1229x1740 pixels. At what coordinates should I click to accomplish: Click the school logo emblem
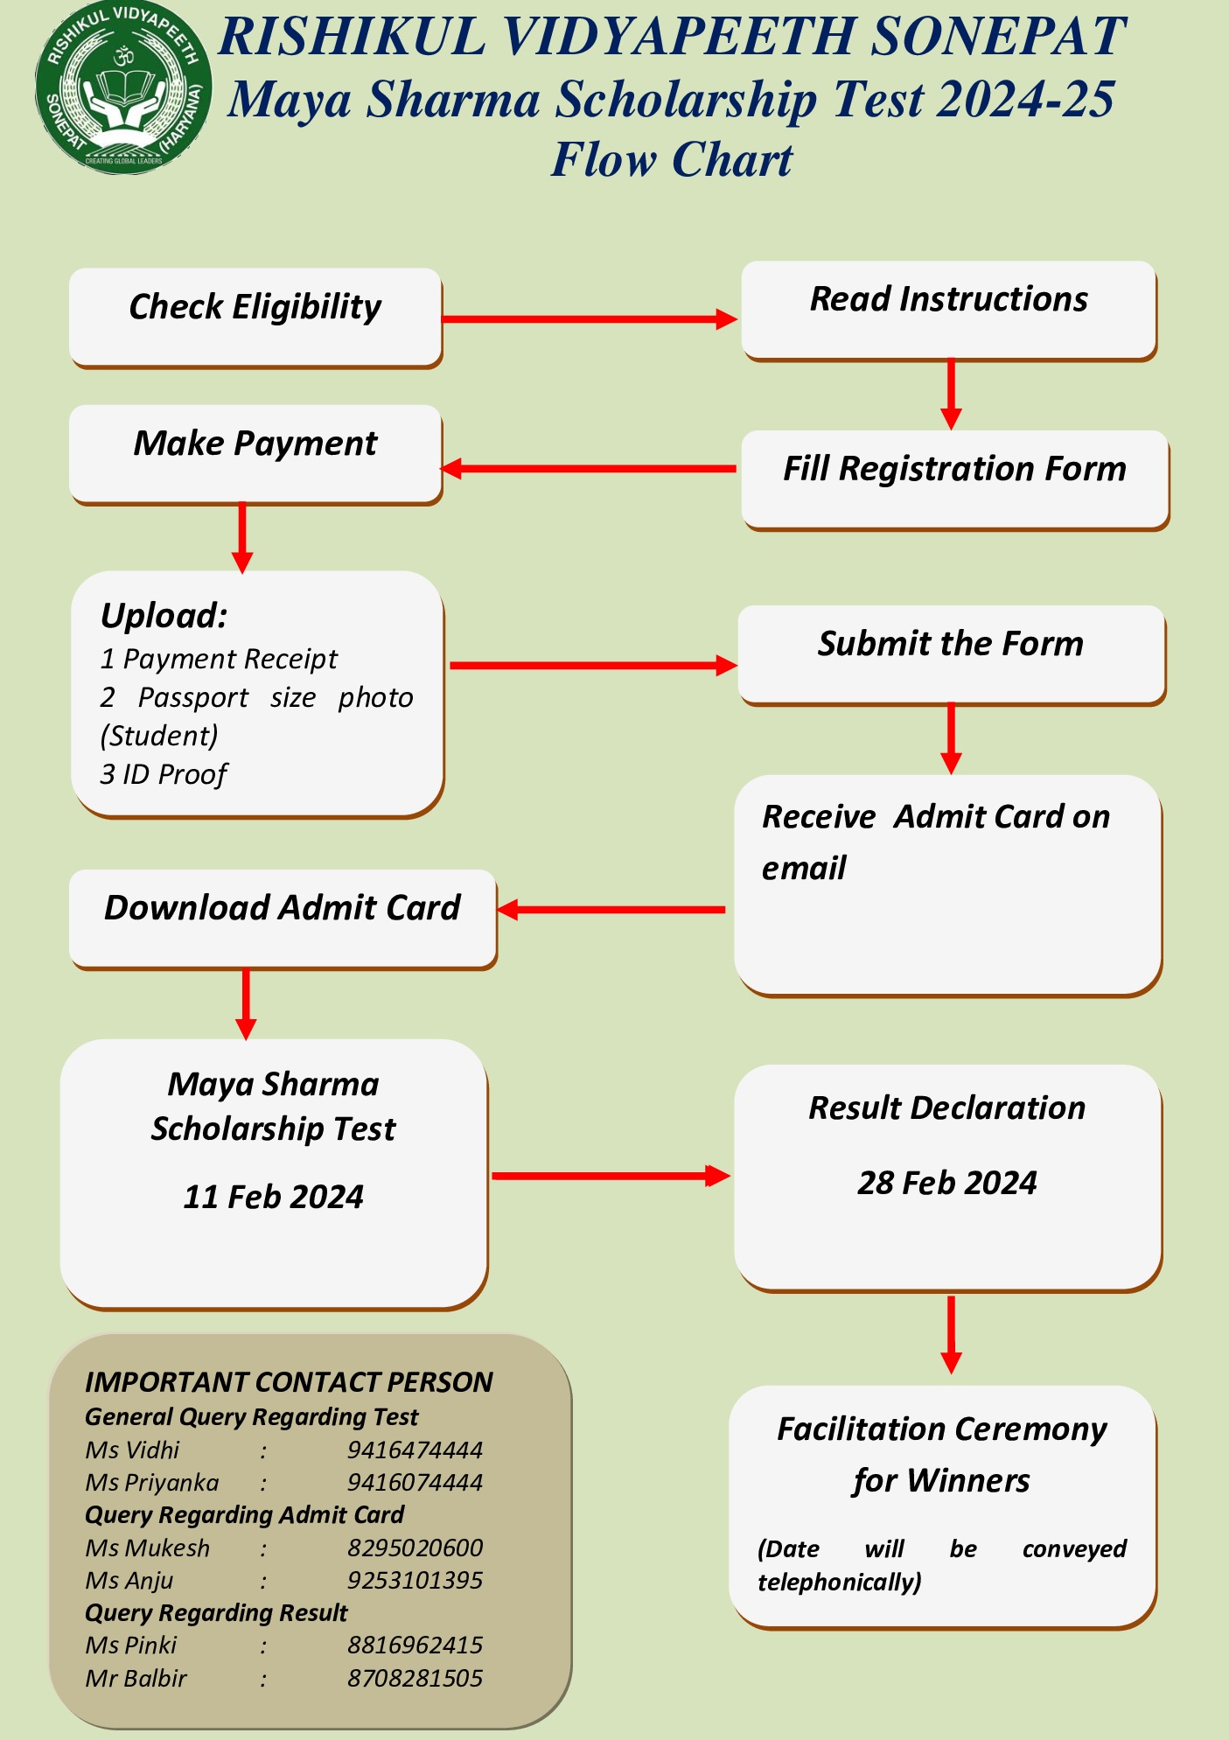coord(123,88)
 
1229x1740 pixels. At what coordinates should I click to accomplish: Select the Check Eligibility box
coord(255,317)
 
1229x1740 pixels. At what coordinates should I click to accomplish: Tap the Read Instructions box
coord(949,309)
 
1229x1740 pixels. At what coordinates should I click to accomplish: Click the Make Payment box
coord(255,453)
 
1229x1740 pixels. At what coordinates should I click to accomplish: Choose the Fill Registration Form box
coord(954,479)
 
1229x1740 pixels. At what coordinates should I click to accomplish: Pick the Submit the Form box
coord(951,653)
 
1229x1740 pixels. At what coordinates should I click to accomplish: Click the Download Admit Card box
coord(283,918)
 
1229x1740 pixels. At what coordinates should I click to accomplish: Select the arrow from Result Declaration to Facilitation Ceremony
coord(951,1334)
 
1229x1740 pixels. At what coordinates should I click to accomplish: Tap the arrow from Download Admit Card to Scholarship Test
coord(246,1003)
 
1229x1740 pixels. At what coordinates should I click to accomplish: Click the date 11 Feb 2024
coord(273,1197)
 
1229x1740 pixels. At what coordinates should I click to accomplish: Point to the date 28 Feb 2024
coord(946,1183)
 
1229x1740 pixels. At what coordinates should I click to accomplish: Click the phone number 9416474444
coord(415,1450)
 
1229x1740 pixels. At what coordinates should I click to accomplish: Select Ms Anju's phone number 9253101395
coord(415,1581)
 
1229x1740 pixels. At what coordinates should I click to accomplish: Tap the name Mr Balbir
coord(136,1679)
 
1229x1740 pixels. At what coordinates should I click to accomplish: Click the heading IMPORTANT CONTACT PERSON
coord(289,1382)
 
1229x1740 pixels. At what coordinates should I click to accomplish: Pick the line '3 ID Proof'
coord(164,774)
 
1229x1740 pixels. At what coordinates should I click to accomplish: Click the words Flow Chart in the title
coord(671,160)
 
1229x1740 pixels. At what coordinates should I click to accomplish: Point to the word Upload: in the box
coord(164,616)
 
